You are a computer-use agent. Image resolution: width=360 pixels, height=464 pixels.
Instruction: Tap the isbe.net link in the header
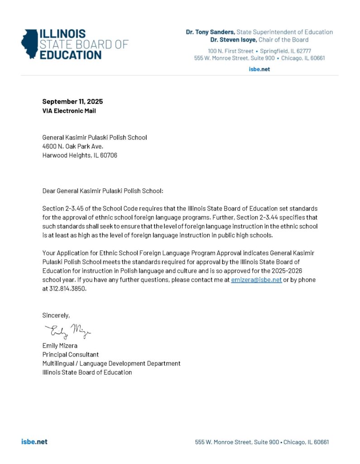[x=259, y=69]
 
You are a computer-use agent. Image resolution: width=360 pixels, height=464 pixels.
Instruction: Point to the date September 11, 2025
[x=72, y=101]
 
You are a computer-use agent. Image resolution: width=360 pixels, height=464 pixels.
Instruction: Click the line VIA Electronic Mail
[x=69, y=111]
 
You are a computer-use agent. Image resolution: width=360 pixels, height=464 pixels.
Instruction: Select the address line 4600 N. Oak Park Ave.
[x=72, y=146]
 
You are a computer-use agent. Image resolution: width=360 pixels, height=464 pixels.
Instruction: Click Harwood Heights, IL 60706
[x=80, y=155]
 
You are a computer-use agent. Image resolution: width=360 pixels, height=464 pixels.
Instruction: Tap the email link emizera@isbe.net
[x=256, y=280]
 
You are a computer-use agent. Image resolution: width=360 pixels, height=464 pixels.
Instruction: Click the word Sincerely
[x=56, y=315]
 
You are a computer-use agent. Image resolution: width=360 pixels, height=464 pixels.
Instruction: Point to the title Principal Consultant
[x=71, y=354]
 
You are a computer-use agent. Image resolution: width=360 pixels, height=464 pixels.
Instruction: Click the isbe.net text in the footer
[x=34, y=442]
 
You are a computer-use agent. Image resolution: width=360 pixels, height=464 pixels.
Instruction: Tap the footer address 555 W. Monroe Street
[x=237, y=442]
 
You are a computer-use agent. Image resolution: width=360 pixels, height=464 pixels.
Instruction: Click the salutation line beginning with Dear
[x=102, y=191]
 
